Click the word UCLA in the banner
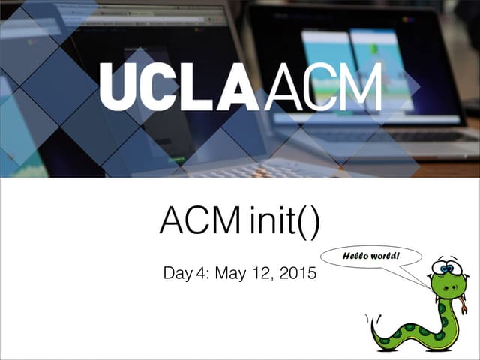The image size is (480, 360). point(184,87)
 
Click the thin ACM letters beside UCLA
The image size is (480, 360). point(327,87)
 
